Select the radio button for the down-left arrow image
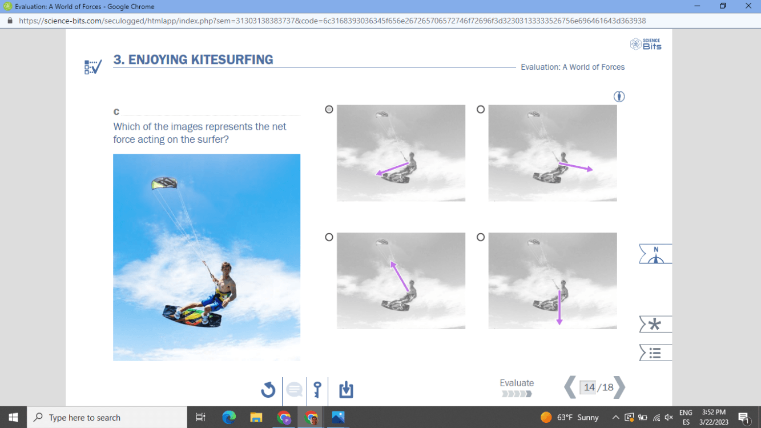click(x=329, y=110)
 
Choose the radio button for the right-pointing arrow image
click(x=480, y=110)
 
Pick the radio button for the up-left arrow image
click(x=329, y=237)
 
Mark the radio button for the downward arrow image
click(x=480, y=237)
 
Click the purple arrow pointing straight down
click(x=559, y=307)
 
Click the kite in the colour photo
click(x=164, y=183)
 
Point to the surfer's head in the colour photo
click(x=226, y=269)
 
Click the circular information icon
click(x=619, y=97)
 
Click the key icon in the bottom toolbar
click(x=317, y=390)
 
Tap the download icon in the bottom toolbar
click(x=346, y=390)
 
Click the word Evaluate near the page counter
click(x=517, y=383)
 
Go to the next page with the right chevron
click(x=619, y=387)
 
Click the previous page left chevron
click(x=570, y=387)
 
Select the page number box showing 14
click(x=589, y=387)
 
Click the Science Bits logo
click(x=646, y=44)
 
